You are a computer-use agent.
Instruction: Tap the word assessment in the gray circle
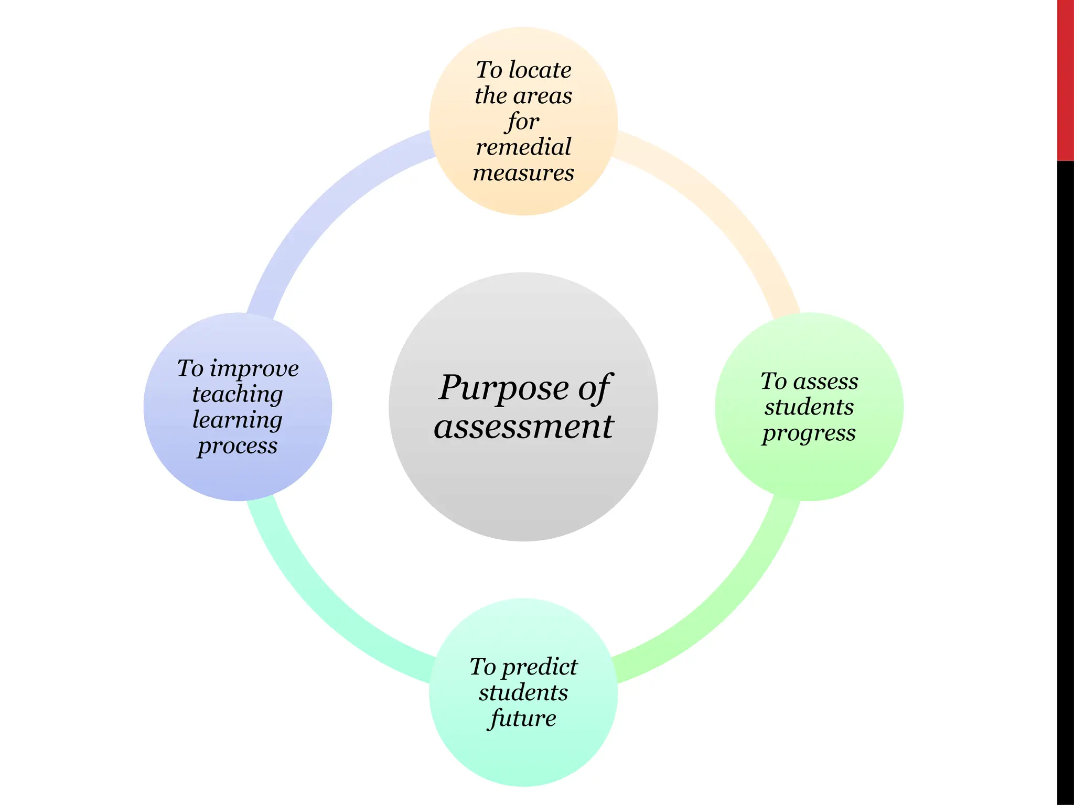coord(523,426)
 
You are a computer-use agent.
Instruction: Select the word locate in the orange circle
coord(540,70)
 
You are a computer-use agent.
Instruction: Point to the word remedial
coord(523,147)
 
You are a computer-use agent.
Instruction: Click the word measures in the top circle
coord(523,173)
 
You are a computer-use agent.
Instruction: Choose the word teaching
coord(238,394)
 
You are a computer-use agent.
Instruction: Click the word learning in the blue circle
coord(238,420)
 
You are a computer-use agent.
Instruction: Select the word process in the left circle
coord(238,447)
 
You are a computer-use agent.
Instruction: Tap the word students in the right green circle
coord(809,407)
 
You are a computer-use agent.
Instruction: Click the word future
coord(523,719)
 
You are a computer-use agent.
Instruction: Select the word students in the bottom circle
coord(523,693)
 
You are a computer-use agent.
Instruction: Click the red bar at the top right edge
coord(1065,79)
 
